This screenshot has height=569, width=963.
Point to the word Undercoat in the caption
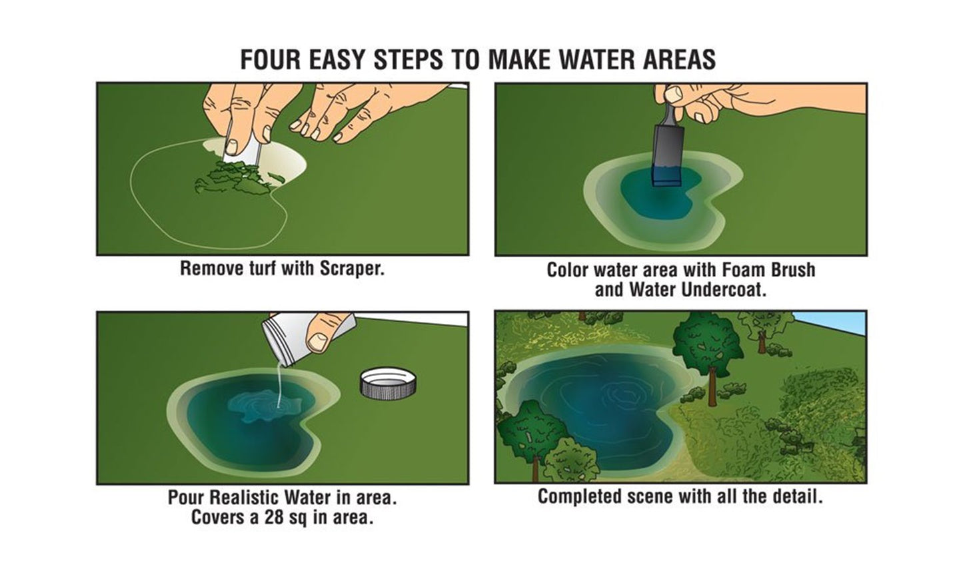point(723,290)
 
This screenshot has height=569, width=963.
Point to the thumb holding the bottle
point(325,333)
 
